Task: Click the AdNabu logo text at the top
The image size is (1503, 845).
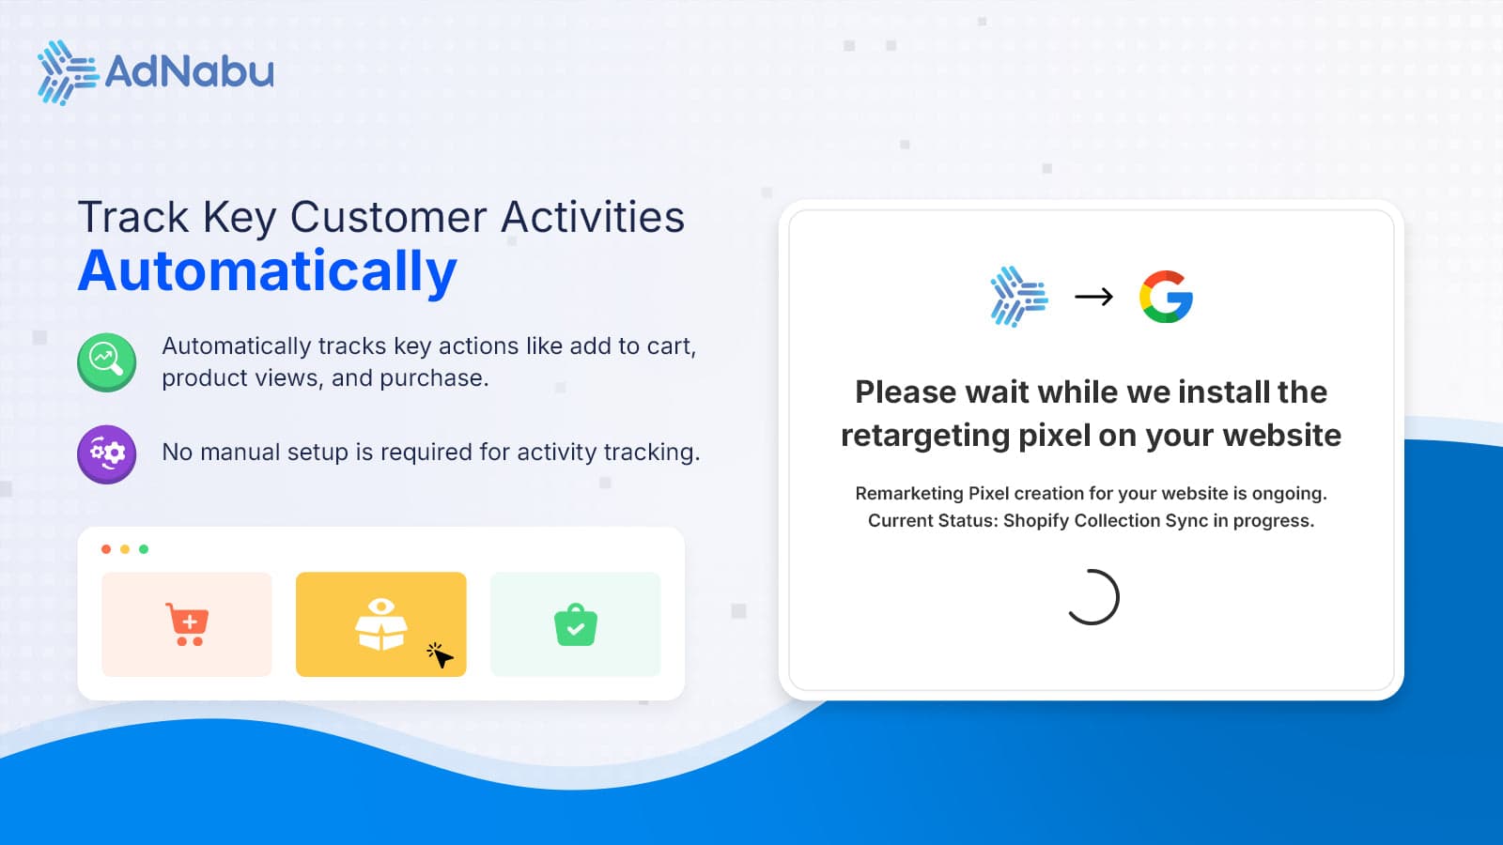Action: (x=189, y=71)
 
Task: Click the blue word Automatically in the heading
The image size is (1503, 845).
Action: (x=268, y=271)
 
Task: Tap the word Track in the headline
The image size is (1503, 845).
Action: (x=133, y=218)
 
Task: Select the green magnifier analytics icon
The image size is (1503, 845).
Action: (x=106, y=361)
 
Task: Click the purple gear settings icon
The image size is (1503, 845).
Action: (x=106, y=454)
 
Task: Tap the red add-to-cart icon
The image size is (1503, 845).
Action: (x=187, y=624)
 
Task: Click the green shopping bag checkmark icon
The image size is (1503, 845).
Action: (x=576, y=625)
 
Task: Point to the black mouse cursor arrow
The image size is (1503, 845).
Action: (x=440, y=655)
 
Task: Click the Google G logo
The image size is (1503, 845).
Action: (x=1166, y=297)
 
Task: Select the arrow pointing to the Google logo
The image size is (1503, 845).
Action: (x=1093, y=297)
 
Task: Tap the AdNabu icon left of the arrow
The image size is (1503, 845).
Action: (x=1018, y=297)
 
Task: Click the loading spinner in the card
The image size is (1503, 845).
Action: (x=1092, y=597)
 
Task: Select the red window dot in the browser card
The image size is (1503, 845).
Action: (x=106, y=549)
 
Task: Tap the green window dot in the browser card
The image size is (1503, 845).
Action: (x=144, y=549)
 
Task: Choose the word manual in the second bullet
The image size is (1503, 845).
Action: (x=240, y=453)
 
